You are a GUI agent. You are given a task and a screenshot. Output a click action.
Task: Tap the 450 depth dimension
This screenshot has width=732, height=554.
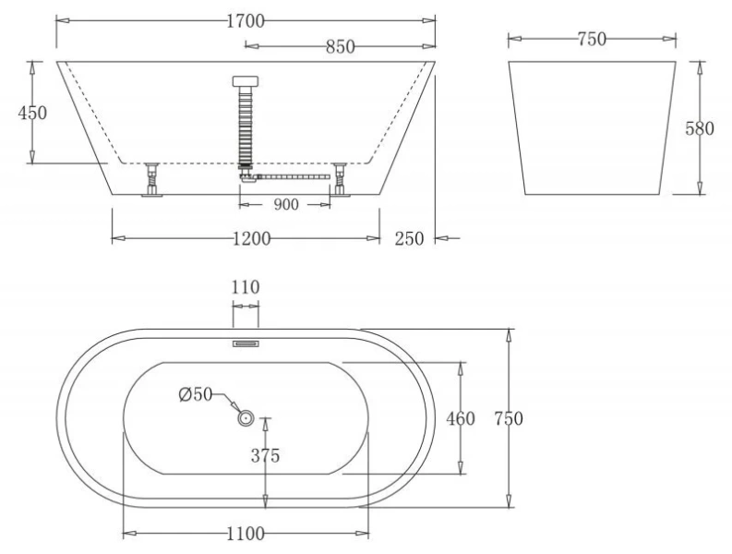coord(32,113)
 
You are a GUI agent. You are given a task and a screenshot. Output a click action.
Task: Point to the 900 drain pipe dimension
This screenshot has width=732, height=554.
coord(285,205)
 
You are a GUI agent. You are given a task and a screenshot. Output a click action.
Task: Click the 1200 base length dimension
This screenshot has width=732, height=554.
coord(250,239)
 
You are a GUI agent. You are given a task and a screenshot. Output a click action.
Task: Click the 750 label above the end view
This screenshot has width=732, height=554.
coord(591,39)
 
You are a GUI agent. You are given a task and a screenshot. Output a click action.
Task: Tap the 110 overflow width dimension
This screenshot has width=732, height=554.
coord(245,287)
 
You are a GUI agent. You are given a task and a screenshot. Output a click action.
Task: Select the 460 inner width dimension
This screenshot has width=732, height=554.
coord(461,419)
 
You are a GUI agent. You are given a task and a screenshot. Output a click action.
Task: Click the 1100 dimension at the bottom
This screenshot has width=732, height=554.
coord(245,534)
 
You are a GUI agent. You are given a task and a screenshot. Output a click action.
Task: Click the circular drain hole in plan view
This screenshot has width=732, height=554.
coord(246,418)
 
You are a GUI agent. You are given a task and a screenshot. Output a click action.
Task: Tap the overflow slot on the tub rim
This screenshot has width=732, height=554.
coord(245,343)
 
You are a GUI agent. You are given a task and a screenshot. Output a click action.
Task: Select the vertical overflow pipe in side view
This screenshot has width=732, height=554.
coord(245,120)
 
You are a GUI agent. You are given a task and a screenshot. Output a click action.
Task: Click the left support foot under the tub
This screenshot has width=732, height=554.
coord(150,179)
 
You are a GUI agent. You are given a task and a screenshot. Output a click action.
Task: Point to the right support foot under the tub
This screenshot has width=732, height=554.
coord(341,179)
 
